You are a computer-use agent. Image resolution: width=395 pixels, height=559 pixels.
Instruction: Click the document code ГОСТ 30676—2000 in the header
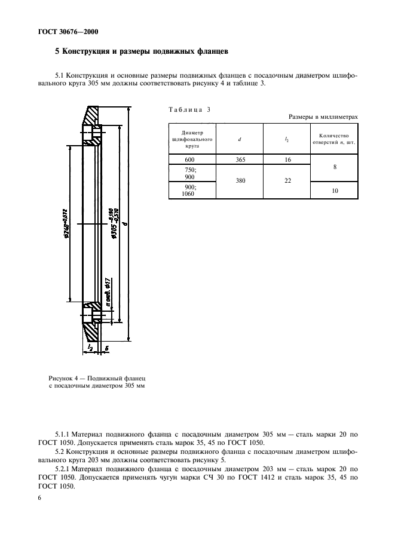(56, 30)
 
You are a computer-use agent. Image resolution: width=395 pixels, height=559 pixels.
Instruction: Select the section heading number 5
(57, 52)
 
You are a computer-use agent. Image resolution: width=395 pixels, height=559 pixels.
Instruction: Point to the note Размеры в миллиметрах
(323, 117)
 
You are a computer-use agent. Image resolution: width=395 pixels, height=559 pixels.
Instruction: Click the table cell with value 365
(239, 159)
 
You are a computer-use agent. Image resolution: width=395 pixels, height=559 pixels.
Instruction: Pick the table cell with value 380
(239, 181)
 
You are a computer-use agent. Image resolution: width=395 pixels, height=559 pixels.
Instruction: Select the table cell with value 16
(287, 159)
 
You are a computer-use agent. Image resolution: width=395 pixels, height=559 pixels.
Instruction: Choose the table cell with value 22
(287, 181)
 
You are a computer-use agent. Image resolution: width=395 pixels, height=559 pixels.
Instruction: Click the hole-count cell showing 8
(335, 167)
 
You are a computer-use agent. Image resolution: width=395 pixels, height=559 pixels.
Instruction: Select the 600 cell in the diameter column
(191, 159)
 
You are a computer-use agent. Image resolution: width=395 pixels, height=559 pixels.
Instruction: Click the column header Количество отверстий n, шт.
(335, 139)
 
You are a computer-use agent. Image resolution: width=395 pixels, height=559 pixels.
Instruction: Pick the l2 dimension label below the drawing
(90, 346)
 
